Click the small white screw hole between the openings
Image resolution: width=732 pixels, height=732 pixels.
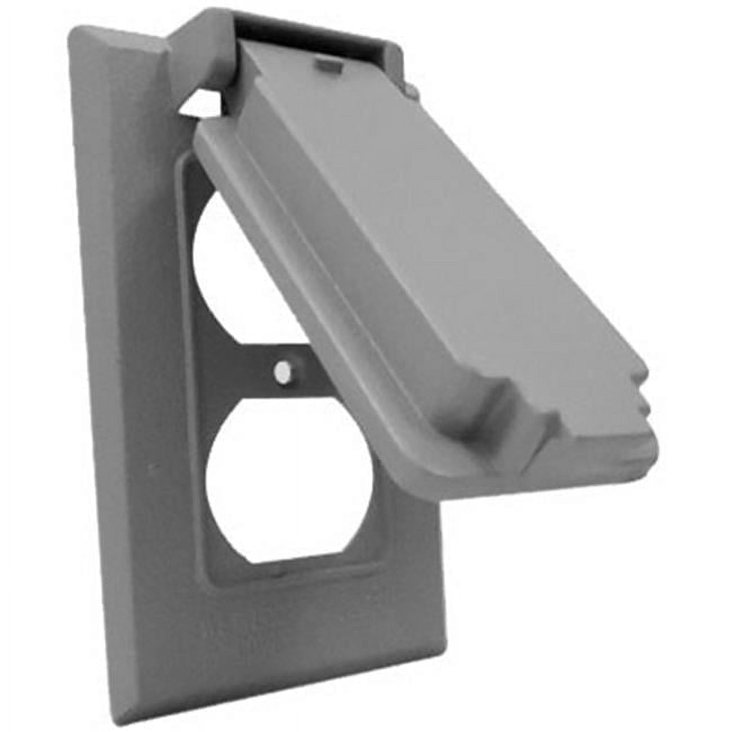[282, 372]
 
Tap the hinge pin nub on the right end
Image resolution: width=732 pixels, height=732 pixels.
[410, 88]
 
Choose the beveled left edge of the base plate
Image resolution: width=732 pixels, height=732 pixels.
[99, 366]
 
